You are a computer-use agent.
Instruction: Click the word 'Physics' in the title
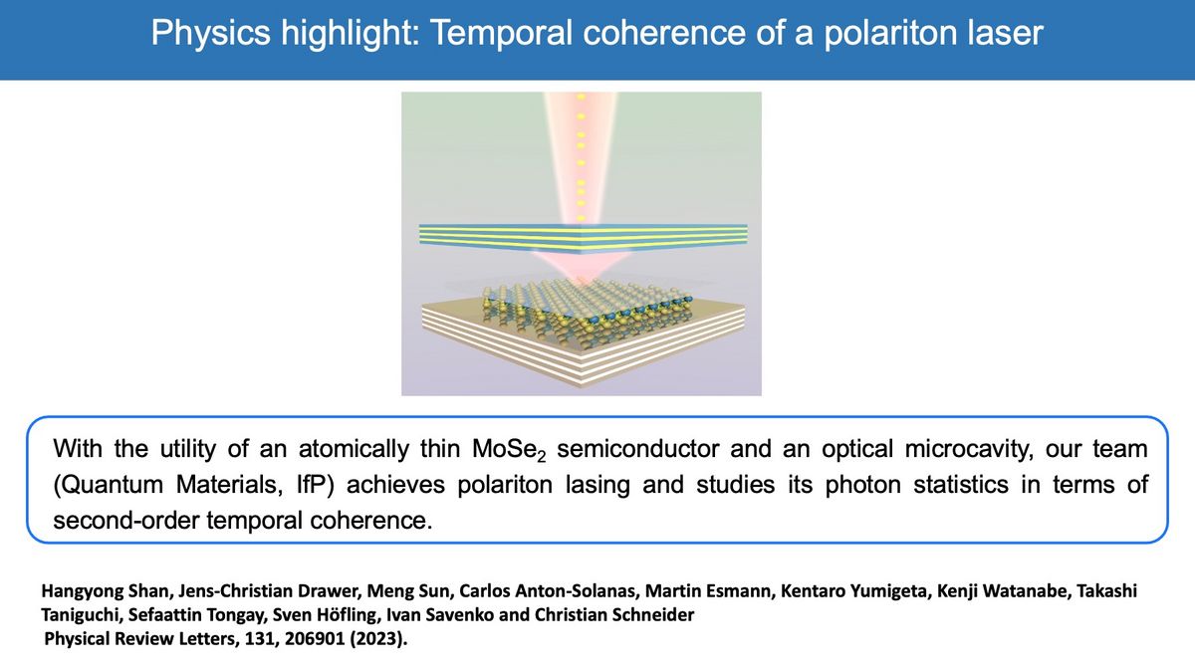211,33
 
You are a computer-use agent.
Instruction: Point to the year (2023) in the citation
378,639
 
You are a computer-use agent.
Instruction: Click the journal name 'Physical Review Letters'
140,639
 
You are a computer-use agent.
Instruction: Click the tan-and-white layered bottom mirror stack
583,342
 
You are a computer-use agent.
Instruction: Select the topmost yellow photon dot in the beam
581,98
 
